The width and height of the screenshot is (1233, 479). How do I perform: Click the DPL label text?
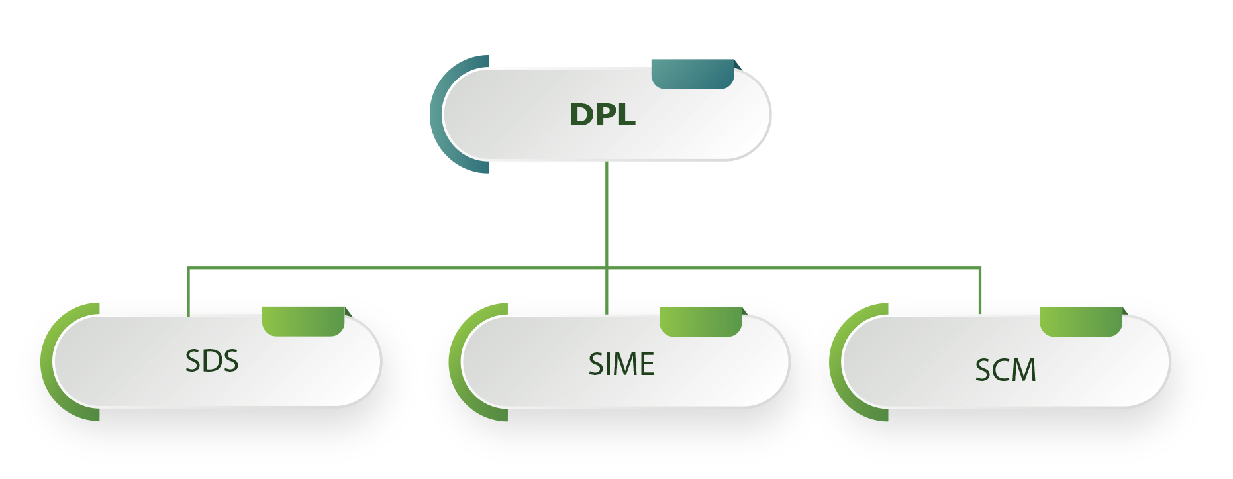click(x=603, y=115)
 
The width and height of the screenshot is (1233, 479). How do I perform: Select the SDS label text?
click(x=211, y=361)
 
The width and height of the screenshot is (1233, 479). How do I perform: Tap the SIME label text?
click(x=621, y=364)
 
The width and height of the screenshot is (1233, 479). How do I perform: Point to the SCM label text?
click(x=1005, y=370)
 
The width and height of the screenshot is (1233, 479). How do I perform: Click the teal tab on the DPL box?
click(x=693, y=74)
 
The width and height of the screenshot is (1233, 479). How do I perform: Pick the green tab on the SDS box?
click(x=303, y=321)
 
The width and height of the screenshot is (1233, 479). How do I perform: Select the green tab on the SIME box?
click(x=701, y=321)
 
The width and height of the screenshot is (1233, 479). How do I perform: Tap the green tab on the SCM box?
click(x=1081, y=321)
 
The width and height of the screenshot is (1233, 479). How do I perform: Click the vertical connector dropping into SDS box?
click(x=189, y=292)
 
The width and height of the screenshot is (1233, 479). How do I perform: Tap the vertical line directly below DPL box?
click(x=607, y=212)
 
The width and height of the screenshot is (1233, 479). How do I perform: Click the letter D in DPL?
click(x=581, y=115)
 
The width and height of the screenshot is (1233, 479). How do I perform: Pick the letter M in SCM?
click(x=1024, y=370)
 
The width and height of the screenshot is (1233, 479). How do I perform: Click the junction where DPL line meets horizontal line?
click(x=607, y=268)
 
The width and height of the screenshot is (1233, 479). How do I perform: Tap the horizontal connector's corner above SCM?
click(x=979, y=268)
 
